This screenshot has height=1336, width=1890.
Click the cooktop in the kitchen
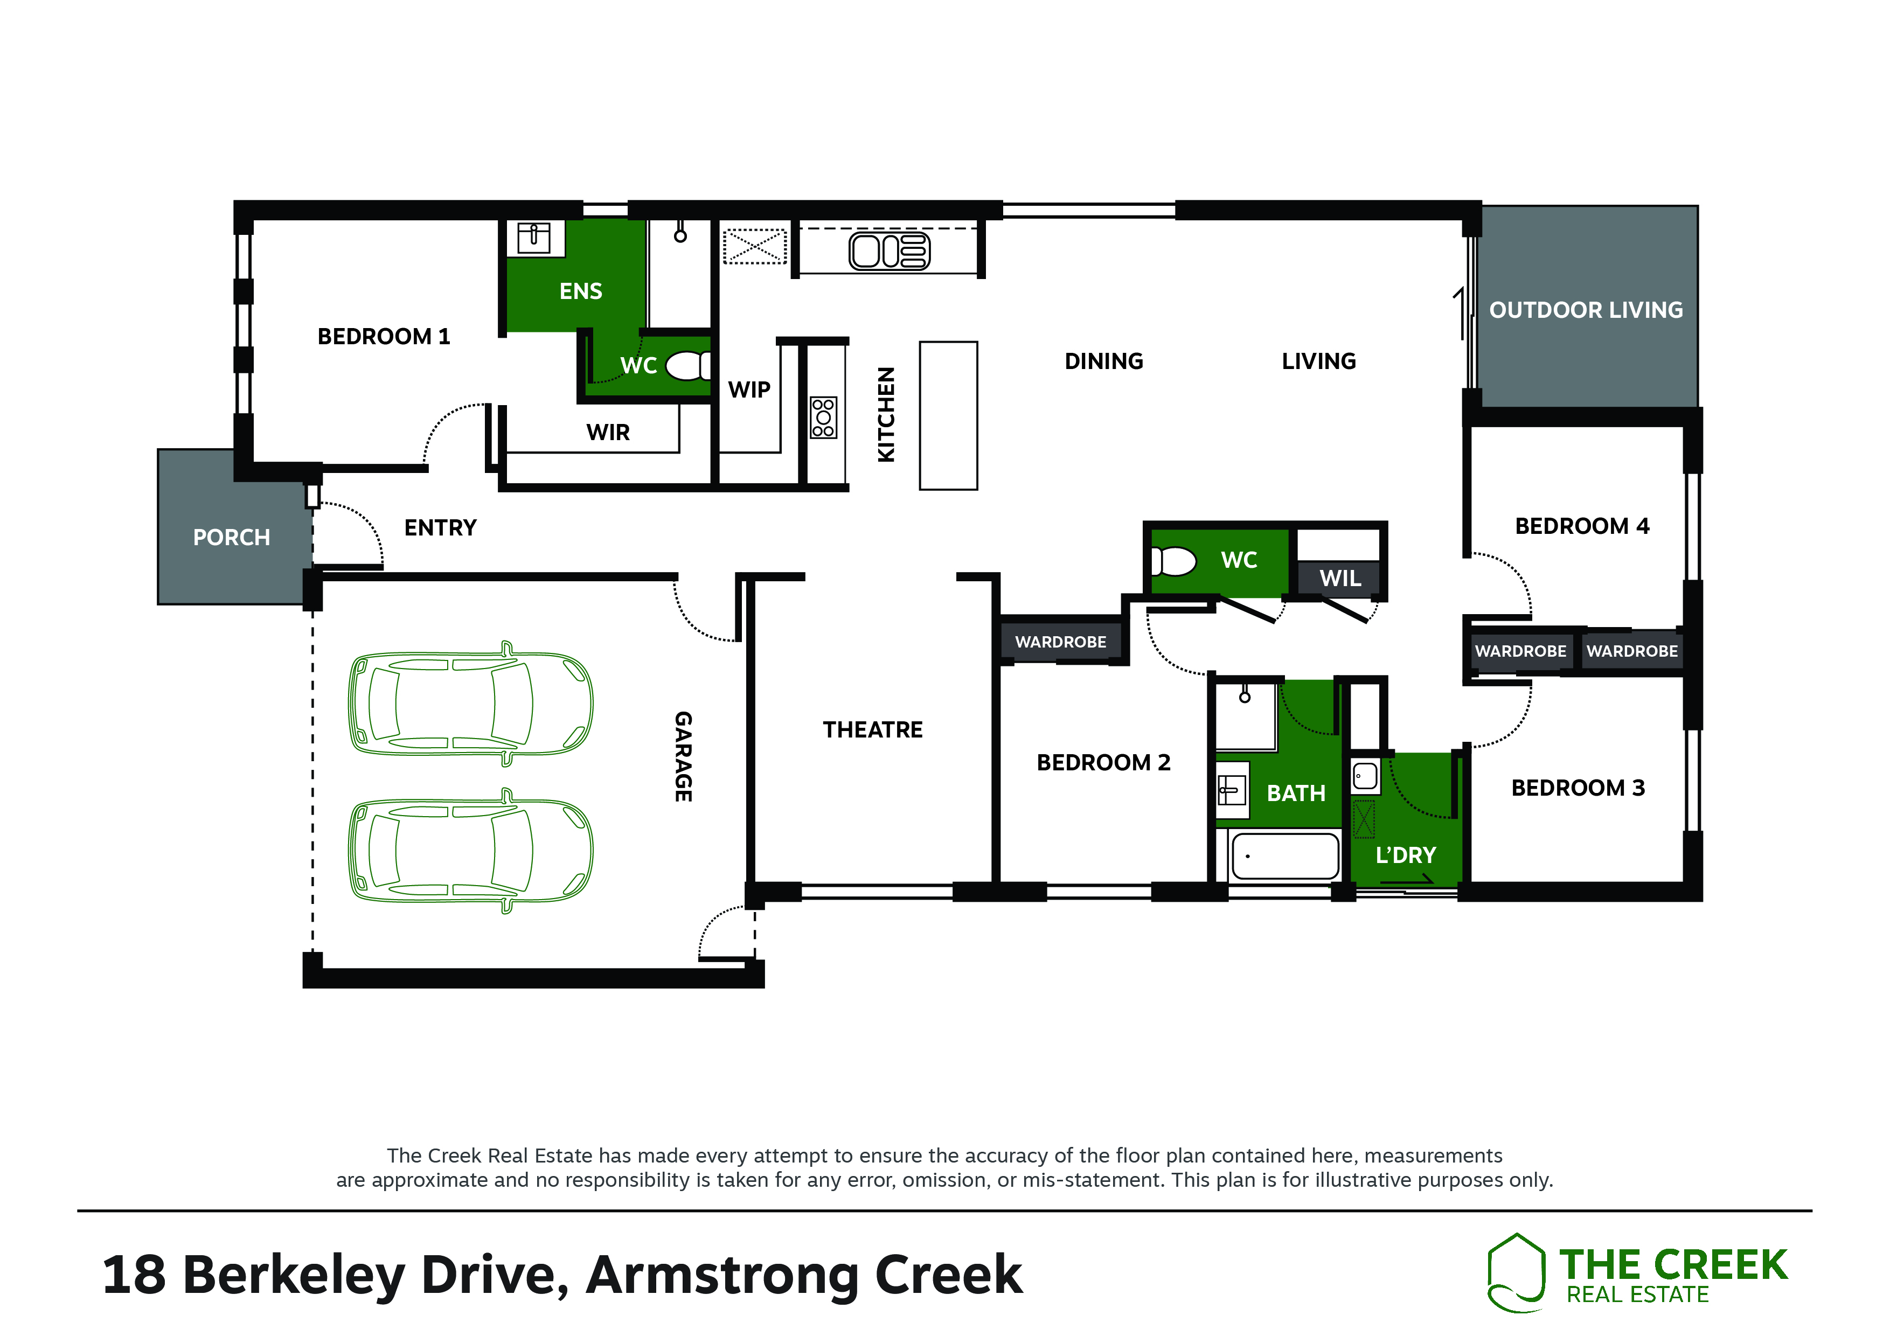pyautogui.click(x=823, y=417)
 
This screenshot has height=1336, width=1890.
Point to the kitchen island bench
pyautogui.click(x=948, y=416)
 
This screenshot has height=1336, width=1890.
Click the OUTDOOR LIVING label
pyautogui.click(x=1586, y=310)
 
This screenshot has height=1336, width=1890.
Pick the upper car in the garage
pyautogui.click(x=471, y=704)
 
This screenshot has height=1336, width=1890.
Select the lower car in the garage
pyautogui.click(x=471, y=851)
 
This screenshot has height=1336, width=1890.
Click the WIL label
pyautogui.click(x=1340, y=578)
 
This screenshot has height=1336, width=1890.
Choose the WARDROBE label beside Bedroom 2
pyautogui.click(x=1060, y=642)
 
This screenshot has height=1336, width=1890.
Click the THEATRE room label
pyautogui.click(x=873, y=729)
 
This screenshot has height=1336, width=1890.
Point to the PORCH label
pyautogui.click(x=231, y=538)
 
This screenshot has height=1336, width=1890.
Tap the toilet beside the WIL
pyautogui.click(x=1173, y=561)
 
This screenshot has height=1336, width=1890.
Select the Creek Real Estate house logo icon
pyautogui.click(x=1516, y=1272)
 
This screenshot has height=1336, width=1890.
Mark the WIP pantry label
pyautogui.click(x=749, y=389)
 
